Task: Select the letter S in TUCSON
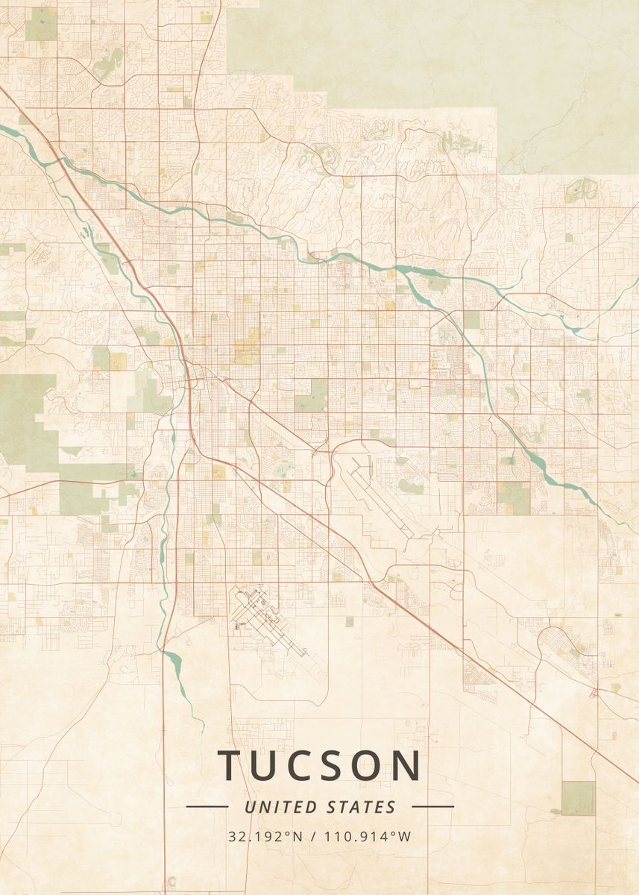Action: [x=329, y=766]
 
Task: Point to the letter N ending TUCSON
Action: [x=407, y=766]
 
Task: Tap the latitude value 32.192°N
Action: [x=265, y=837]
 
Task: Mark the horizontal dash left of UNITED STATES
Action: [x=207, y=806]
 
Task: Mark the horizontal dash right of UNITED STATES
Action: [x=432, y=806]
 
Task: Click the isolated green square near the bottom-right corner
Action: [x=578, y=798]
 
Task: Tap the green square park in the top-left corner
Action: [x=40, y=25]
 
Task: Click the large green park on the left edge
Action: [x=26, y=418]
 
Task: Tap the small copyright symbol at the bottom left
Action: [x=172, y=881]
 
